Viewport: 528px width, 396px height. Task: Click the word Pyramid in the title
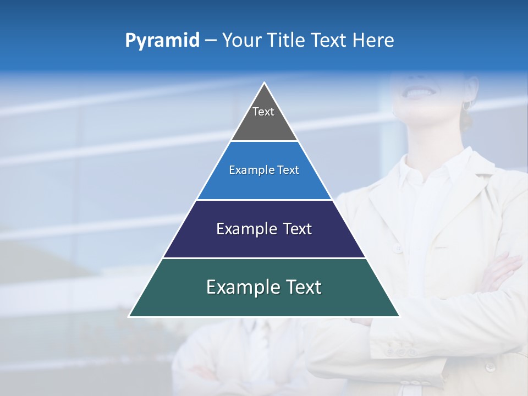[x=162, y=41]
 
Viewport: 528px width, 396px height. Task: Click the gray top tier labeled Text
[x=264, y=118]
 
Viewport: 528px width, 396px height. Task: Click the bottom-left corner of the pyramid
[x=130, y=316]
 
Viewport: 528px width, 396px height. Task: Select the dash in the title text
[x=211, y=41]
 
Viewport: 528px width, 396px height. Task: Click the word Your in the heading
[x=241, y=41]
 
